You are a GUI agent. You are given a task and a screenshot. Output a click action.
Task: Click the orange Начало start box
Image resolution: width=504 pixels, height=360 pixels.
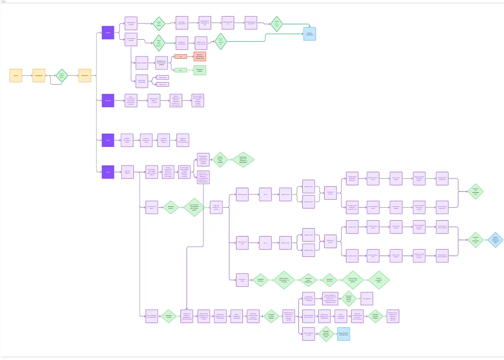point(16,75)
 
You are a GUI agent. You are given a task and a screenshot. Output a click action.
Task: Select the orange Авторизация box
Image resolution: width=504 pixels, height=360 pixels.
point(39,75)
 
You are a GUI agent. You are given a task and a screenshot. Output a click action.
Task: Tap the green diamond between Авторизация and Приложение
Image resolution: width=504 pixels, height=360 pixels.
point(62,75)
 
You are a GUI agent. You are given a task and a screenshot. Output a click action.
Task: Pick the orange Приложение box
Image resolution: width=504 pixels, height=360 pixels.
point(85,75)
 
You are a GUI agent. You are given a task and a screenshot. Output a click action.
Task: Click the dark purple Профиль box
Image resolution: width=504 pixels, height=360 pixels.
point(108,33)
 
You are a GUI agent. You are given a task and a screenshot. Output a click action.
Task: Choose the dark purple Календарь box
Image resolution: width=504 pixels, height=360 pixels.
point(108,100)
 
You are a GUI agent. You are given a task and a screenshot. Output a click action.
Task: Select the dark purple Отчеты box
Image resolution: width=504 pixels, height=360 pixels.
point(108,140)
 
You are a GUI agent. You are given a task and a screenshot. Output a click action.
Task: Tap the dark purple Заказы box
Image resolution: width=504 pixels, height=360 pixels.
point(108,172)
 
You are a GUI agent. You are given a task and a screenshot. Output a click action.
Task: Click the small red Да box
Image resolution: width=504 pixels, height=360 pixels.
point(181,57)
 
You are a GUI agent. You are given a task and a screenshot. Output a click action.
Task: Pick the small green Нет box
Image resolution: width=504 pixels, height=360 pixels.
point(181,70)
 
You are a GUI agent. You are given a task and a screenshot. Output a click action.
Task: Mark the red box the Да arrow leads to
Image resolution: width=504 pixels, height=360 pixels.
point(200,57)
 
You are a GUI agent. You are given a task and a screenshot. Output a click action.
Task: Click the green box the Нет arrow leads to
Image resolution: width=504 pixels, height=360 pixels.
point(200,70)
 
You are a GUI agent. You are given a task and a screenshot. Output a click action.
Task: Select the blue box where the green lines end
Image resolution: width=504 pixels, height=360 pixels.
point(310,34)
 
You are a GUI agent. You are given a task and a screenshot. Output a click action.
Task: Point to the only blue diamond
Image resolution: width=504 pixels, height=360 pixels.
point(496,240)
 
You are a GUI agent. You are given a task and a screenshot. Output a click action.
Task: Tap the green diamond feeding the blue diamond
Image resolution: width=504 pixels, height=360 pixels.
point(475,240)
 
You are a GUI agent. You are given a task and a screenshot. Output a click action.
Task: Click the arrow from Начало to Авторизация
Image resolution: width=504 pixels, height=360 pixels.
point(27,75)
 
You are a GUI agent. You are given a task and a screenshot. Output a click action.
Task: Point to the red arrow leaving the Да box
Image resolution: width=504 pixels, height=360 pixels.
point(190,57)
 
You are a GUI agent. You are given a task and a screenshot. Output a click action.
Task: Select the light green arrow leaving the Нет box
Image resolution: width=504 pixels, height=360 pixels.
point(190,70)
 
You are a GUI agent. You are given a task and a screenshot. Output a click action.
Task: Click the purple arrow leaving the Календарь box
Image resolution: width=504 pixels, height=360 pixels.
point(119,100)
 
